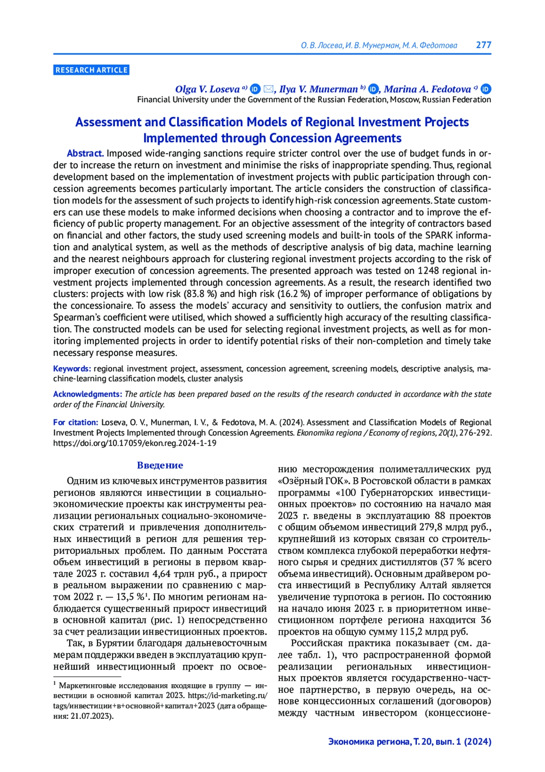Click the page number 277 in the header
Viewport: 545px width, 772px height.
[x=483, y=45]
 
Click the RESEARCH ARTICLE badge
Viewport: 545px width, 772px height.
[x=91, y=70]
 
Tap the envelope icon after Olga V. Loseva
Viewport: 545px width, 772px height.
[x=268, y=89]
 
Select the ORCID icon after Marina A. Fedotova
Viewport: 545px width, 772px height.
[x=486, y=89]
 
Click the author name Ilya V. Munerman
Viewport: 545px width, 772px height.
[x=318, y=89]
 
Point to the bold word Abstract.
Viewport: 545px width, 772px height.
[x=85, y=154]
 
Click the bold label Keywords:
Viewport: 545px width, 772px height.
[x=72, y=369]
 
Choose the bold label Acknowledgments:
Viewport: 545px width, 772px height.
[x=88, y=394]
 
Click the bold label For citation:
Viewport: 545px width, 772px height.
[x=76, y=422]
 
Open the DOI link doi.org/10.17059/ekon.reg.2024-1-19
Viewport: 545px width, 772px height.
[x=135, y=443]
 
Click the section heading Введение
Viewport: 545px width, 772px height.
[x=160, y=465]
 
